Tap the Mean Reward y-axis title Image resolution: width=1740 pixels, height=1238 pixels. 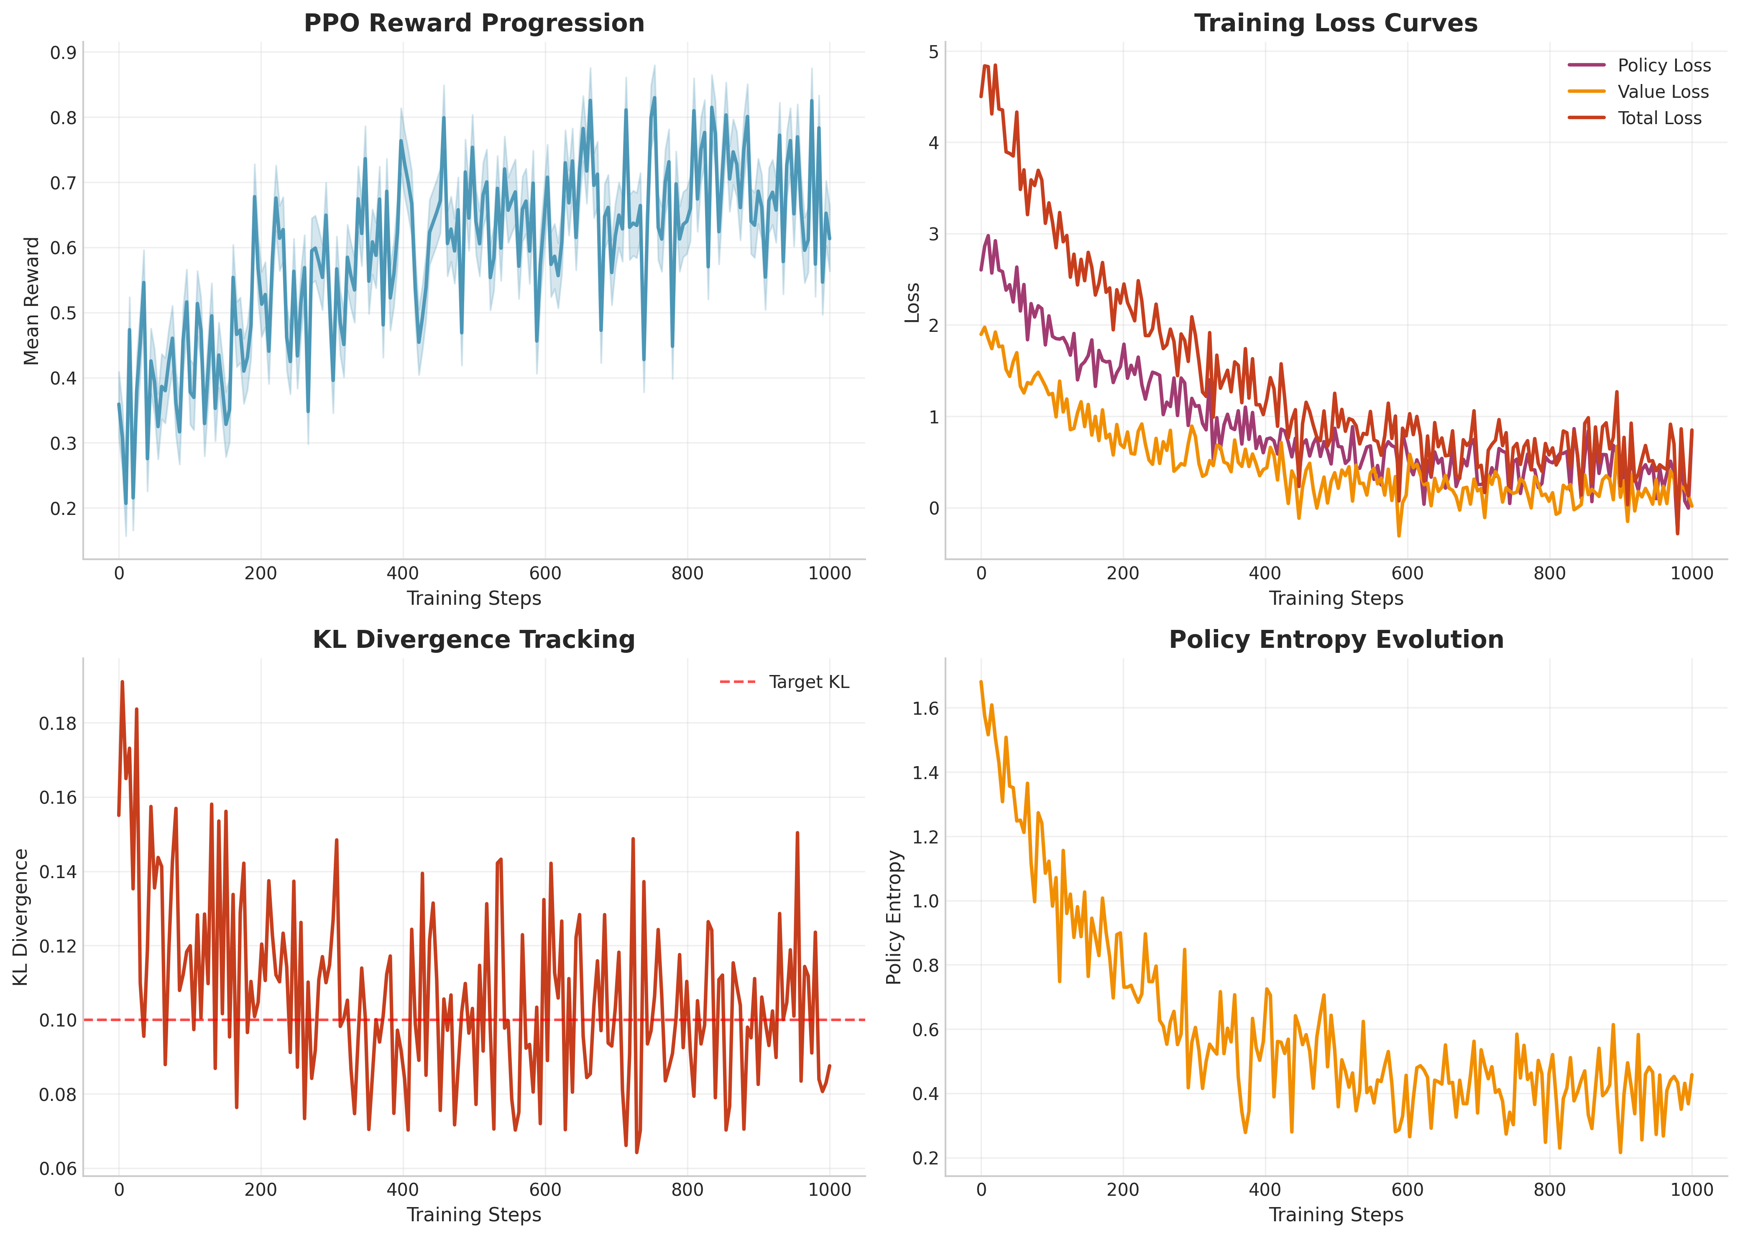pyautogui.click(x=31, y=301)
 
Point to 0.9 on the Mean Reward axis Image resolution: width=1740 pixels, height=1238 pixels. pyautogui.click(x=63, y=53)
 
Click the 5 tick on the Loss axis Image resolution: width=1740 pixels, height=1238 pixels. pyautogui.click(x=933, y=52)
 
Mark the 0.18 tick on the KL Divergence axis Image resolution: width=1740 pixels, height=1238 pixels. pyautogui.click(x=58, y=723)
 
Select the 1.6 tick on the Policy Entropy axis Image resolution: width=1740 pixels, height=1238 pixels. pyautogui.click(x=926, y=708)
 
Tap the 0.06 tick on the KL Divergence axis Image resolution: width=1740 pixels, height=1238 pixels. pyautogui.click(x=58, y=1169)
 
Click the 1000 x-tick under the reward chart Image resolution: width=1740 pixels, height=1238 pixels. pyautogui.click(x=829, y=573)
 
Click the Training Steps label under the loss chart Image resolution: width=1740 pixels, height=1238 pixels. pyautogui.click(x=1336, y=599)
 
